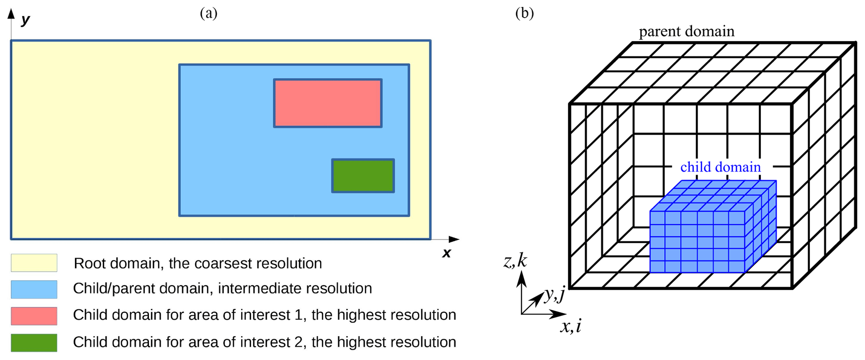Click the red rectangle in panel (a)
pos(328,103)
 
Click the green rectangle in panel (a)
pos(363,176)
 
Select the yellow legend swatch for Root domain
pos(34,263)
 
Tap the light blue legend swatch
pos(34,289)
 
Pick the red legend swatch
pos(34,316)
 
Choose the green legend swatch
pos(34,342)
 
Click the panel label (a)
pos(208,13)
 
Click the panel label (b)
pos(524,13)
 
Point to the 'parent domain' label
pos(686,31)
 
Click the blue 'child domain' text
pos(720,167)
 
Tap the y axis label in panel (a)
pos(26,19)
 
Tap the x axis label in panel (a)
pos(447,253)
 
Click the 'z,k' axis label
pos(515,261)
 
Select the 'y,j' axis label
pos(554,295)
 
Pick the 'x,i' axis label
pos(571,326)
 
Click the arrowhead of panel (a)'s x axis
pos(454,239)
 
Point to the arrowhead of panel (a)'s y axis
pos(11,13)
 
